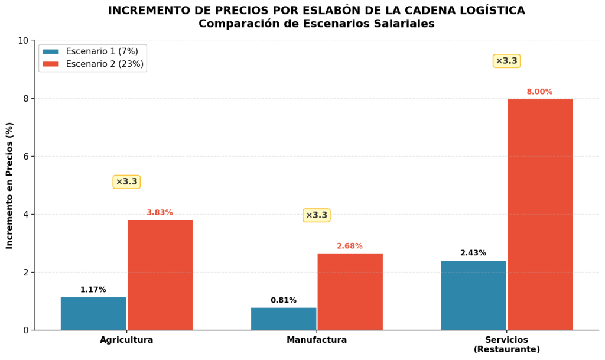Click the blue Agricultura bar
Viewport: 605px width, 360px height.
pos(93,313)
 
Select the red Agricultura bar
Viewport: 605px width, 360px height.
pos(160,275)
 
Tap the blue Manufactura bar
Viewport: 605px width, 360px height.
pos(284,319)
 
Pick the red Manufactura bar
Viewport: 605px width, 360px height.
pos(350,291)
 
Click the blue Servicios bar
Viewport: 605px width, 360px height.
pos(473,295)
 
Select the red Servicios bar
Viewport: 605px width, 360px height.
pos(540,214)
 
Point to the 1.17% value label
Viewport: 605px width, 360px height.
pos(93,290)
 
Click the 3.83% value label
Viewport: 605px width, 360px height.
pos(160,213)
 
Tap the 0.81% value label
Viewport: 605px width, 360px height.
pos(284,300)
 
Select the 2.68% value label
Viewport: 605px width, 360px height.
pos(350,246)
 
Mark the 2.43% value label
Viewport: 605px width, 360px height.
pos(473,253)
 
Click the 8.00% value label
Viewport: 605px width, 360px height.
pos(540,92)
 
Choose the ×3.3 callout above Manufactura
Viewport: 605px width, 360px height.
pos(317,215)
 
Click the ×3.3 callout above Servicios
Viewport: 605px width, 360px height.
pos(506,61)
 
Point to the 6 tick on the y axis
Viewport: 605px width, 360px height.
pos(25,157)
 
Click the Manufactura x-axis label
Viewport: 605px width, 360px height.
pos(317,340)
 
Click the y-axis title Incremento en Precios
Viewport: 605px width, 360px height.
pos(10,185)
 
